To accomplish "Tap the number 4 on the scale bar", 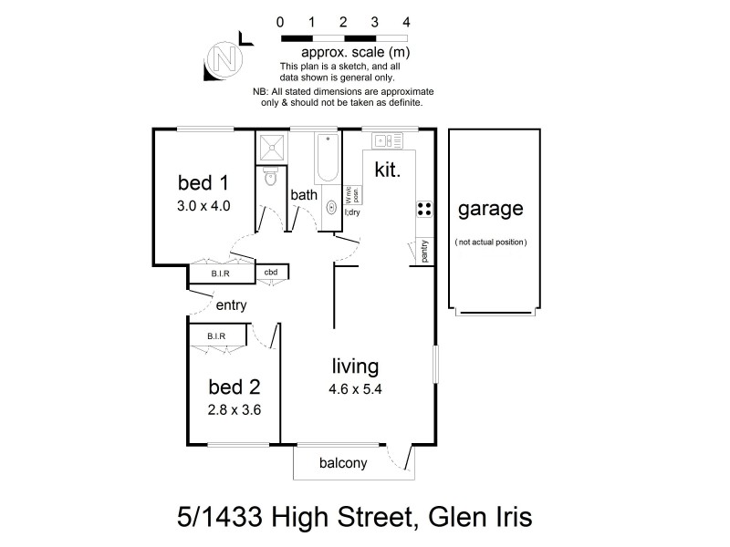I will coord(405,21).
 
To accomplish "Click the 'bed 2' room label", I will coord(235,386).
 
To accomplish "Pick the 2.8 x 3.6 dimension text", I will coord(235,409).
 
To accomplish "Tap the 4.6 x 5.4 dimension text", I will coord(354,390).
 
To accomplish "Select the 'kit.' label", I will coord(388,169).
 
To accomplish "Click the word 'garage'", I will coord(491,209).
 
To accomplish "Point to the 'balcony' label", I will coord(343,463).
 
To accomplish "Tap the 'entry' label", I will coord(231,305).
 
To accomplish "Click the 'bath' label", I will coord(303,195).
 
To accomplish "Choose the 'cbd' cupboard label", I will coord(271,272).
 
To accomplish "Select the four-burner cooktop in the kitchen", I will coord(424,209).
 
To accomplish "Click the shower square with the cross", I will coord(272,147).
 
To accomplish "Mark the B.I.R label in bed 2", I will coord(216,337).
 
